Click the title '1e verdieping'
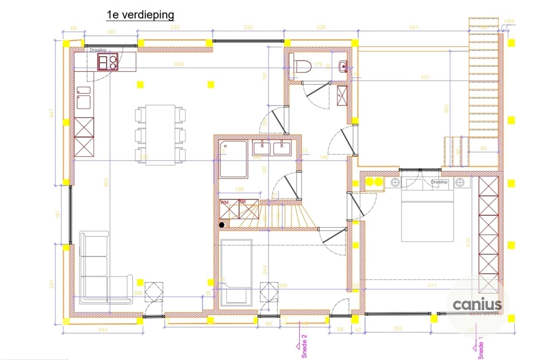point(140,15)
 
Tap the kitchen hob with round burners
point(108,62)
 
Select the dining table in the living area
point(160,135)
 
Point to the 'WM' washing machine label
point(224,203)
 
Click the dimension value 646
point(179,64)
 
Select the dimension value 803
point(106,182)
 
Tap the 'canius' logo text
point(477,304)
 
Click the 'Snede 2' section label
point(304,346)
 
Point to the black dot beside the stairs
point(222,225)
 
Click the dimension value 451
point(425,77)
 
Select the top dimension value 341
point(414,27)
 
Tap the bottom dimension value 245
point(103,330)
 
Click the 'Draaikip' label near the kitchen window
point(98,50)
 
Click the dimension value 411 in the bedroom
point(432,286)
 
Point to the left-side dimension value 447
point(52,113)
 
